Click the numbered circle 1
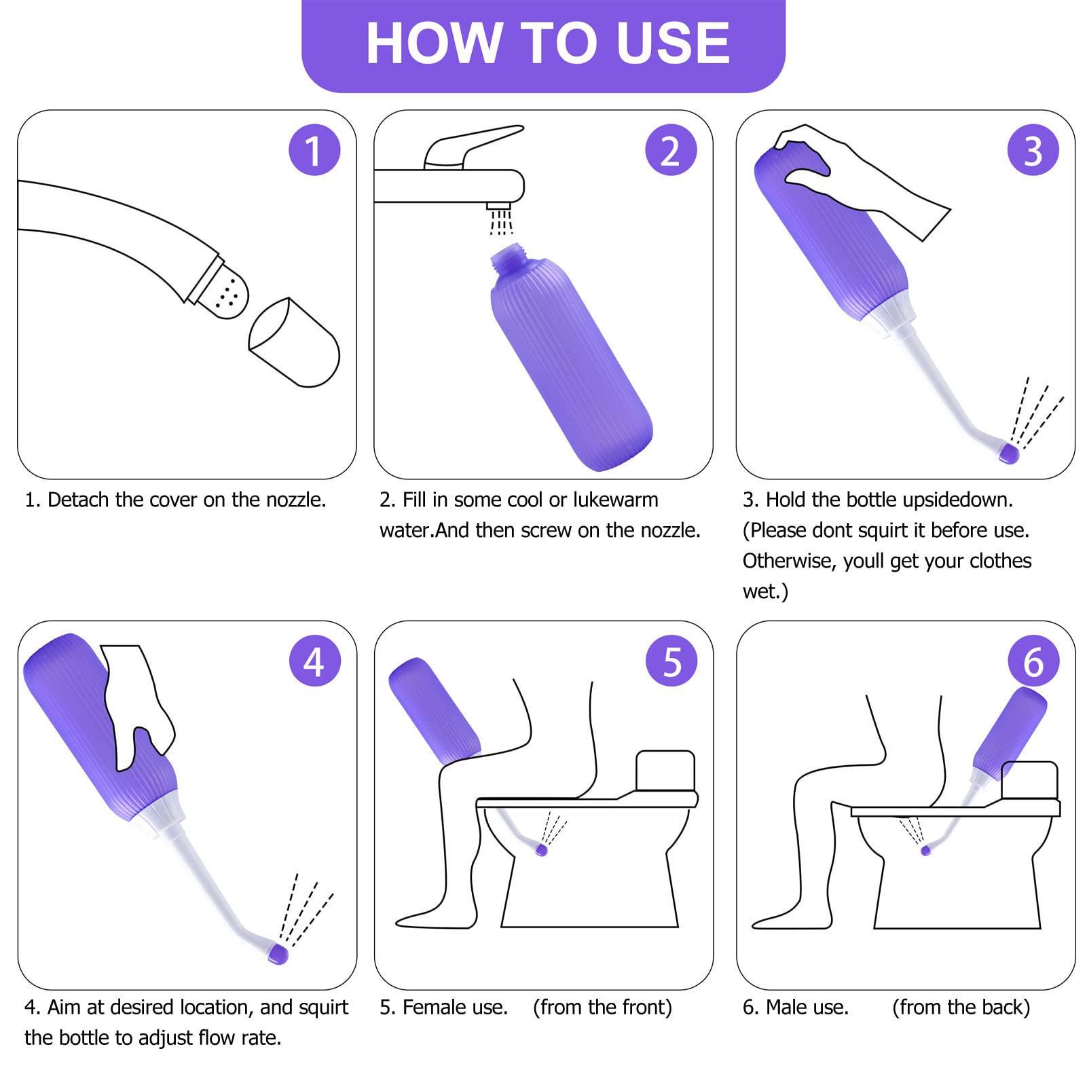314,150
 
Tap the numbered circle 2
671,150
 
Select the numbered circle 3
1033,150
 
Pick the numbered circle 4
314,661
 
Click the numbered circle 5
671,661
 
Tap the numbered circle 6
1033,661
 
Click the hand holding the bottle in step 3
862,177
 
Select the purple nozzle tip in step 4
278,953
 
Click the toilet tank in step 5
665,771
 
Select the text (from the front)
602,1007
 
